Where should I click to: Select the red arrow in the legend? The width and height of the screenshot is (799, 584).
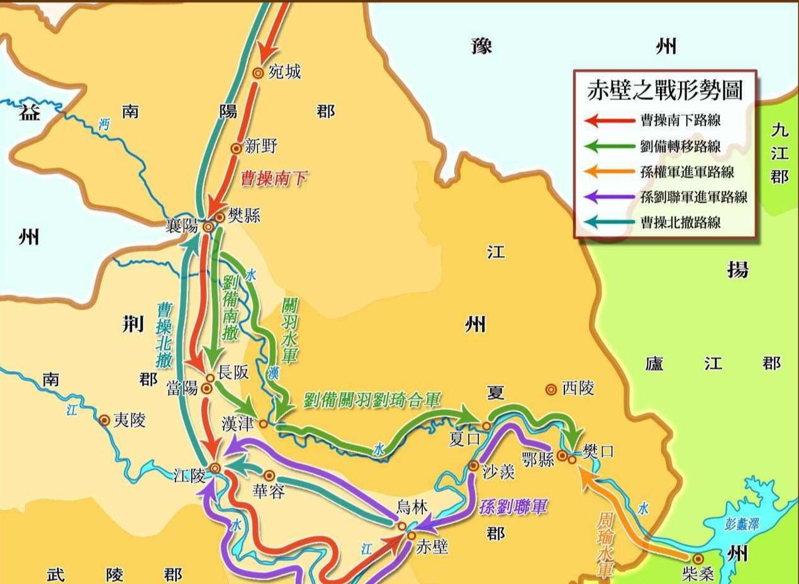[609, 120]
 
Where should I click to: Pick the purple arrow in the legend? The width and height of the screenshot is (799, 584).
[609, 197]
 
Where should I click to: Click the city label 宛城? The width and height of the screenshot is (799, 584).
[284, 72]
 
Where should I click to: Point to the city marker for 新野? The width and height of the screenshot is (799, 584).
[236, 149]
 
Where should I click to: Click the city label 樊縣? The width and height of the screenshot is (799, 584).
[244, 216]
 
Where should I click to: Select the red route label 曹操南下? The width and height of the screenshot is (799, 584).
[274, 179]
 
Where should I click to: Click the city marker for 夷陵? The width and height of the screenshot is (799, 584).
[104, 420]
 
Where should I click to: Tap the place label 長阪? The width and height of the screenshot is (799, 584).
[233, 373]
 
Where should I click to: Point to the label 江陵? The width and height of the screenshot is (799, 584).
[189, 476]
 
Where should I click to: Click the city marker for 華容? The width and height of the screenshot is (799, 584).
[269, 476]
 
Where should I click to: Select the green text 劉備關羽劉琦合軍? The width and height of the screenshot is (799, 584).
[371, 400]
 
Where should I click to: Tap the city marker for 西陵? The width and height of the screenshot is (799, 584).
[551, 390]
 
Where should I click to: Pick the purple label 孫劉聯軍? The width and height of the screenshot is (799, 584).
[513, 506]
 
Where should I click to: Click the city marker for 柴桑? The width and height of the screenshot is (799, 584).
[698, 558]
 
